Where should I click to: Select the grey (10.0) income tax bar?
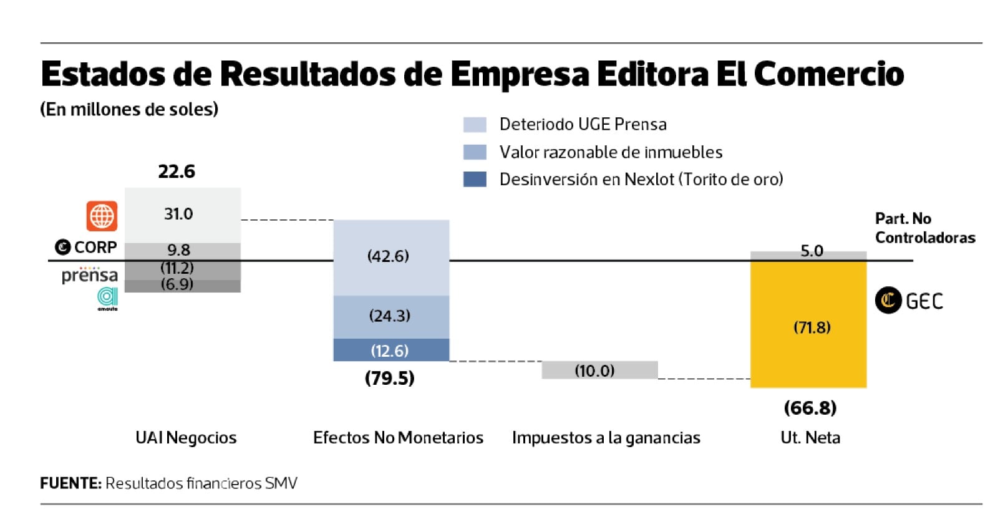599,370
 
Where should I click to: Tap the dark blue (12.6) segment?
391,350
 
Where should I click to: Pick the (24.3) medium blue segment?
391,316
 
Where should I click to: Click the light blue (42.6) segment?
391,257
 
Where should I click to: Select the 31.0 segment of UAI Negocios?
182,215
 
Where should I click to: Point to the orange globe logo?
102,216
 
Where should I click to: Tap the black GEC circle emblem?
888,301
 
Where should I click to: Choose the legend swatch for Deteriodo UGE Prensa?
474,125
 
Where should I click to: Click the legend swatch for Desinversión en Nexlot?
474,180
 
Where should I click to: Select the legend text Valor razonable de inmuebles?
611,152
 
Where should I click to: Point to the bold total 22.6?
177,172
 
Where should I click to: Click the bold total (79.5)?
390,378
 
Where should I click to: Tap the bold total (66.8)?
810,408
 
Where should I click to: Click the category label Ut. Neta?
810,438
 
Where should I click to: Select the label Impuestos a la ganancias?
606,438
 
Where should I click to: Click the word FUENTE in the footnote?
70,483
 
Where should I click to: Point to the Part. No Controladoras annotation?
924,228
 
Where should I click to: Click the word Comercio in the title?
828,74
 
